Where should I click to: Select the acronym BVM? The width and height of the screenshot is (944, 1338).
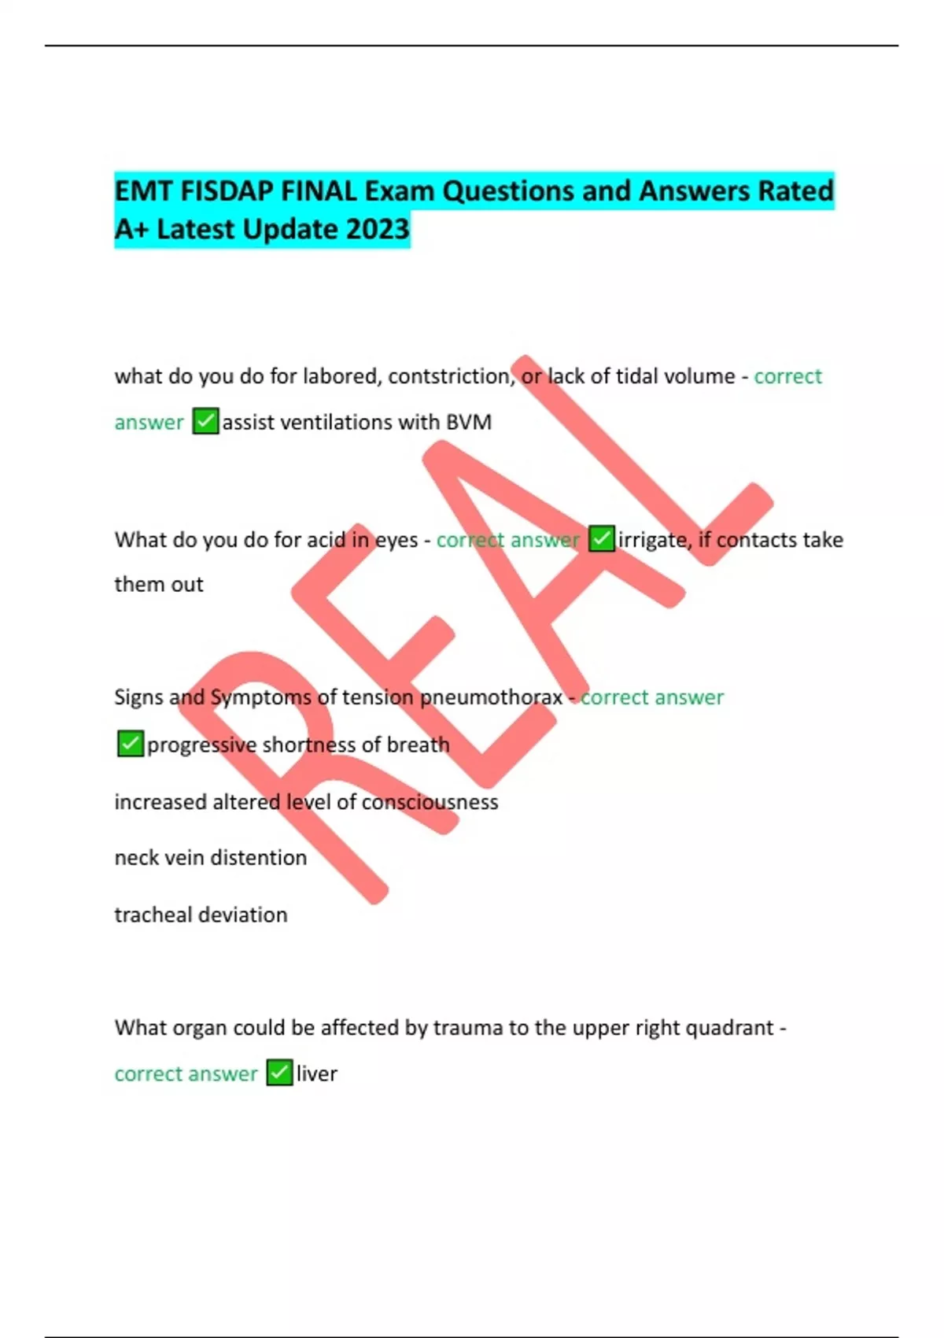click(x=469, y=423)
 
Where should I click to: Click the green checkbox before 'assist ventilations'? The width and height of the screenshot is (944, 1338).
click(x=205, y=422)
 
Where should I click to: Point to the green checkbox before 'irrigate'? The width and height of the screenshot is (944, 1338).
click(x=602, y=539)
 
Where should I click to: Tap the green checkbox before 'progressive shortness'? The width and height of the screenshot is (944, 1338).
click(x=131, y=744)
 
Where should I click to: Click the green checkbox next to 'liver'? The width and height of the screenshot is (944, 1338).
click(x=279, y=1073)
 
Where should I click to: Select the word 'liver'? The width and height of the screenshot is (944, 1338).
click(x=317, y=1074)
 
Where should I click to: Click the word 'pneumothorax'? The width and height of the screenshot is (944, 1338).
click(x=491, y=697)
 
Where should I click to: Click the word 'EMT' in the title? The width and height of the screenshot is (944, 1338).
click(x=143, y=191)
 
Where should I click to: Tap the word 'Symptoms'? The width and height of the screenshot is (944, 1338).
click(x=261, y=697)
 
